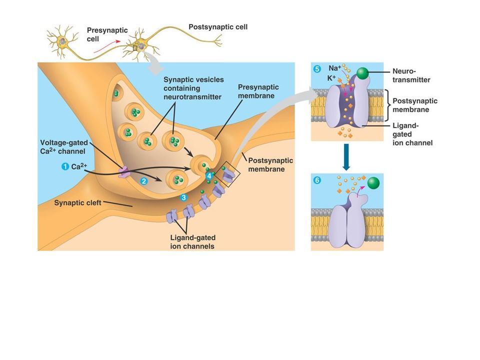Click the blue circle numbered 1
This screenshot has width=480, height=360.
point(65,166)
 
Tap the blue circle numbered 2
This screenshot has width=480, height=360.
point(143,181)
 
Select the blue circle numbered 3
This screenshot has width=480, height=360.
point(183,197)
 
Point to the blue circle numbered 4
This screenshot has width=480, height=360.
point(209,176)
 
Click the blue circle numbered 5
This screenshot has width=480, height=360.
point(317,69)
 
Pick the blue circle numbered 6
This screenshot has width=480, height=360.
point(317,180)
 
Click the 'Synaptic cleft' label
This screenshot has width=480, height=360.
point(77,203)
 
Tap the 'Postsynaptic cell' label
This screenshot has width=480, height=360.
point(218,27)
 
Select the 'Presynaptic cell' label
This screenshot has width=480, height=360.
point(107,34)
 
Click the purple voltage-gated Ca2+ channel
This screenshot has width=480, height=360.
point(124,171)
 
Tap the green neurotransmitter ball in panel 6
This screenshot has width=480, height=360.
point(373,183)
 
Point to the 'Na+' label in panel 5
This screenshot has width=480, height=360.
point(334,68)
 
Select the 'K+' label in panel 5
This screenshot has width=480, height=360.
point(331,78)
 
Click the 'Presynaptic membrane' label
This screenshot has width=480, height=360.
point(258,91)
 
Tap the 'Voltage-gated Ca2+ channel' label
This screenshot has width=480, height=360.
point(64,146)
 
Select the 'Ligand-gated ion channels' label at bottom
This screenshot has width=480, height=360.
point(193,242)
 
